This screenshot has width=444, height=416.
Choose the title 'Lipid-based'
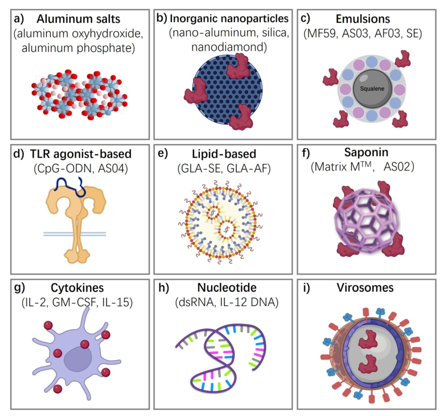click(x=224, y=154)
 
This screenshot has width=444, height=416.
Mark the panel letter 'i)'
click(x=306, y=288)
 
